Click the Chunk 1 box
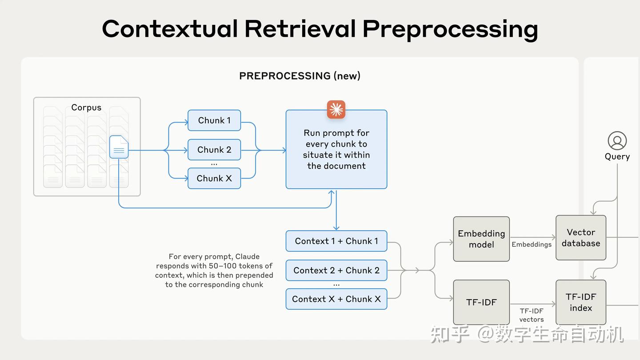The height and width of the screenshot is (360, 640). pos(214,120)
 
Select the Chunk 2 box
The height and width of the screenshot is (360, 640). pos(214,150)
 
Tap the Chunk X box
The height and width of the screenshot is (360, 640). pos(214,178)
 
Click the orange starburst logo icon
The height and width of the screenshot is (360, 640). pos(336,110)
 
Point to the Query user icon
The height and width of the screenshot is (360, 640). pos(617,141)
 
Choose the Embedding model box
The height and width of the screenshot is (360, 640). pos(481,239)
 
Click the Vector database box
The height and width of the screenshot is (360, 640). pos(581,238)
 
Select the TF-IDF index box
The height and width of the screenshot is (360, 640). pos(581,302)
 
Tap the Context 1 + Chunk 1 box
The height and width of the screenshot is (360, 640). pos(336,241)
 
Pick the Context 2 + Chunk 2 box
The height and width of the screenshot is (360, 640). pos(336,270)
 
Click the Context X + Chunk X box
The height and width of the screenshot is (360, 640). pos(336,299)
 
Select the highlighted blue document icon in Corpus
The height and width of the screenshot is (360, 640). pos(119,147)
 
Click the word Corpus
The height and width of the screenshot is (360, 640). pos(86,108)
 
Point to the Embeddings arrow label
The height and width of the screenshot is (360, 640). pos(532,244)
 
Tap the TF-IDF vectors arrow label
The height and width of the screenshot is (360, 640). pos(532,315)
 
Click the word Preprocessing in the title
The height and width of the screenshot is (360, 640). pos(450,29)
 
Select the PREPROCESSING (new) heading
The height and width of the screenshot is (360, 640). pos(300,76)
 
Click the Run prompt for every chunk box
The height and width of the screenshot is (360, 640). pos(336,149)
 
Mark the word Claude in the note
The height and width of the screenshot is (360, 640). pos(248,256)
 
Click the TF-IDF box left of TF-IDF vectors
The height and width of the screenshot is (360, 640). pos(481,302)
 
